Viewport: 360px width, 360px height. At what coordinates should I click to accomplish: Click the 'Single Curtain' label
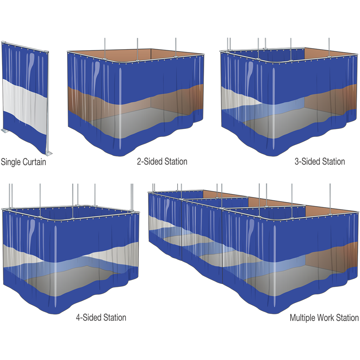[x=24, y=162]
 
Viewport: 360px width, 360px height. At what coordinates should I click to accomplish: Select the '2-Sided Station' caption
[x=162, y=161]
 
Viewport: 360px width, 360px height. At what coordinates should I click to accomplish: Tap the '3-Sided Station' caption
[x=320, y=161]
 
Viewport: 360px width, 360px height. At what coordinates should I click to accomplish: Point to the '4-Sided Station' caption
[x=101, y=317]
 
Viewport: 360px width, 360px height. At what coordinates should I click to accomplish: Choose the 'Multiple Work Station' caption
[x=324, y=318]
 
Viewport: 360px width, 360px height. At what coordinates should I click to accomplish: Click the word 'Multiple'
[x=302, y=318]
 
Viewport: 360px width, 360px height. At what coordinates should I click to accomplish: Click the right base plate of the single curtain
[x=49, y=153]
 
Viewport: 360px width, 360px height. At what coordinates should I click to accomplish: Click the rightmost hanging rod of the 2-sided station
[x=176, y=47]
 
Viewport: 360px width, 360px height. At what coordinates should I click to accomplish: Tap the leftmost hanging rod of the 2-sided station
[x=105, y=48]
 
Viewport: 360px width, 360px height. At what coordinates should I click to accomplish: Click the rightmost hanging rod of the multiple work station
[x=330, y=199]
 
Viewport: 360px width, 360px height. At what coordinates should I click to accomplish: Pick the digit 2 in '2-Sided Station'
[x=139, y=161]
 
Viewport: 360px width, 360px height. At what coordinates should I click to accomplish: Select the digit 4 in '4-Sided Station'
[x=78, y=317]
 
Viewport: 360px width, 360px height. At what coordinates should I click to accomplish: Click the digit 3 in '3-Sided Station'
[x=297, y=161]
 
